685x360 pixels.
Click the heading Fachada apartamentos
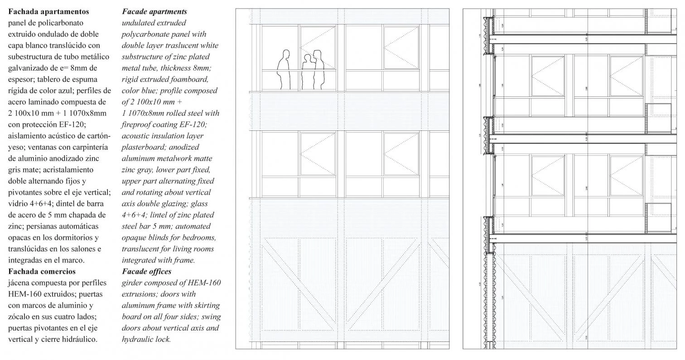pyautogui.click(x=48, y=11)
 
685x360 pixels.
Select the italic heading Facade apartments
pyautogui.click(x=154, y=11)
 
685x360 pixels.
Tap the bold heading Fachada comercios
pyautogui.click(x=42, y=271)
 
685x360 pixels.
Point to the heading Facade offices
pyautogui.click(x=146, y=271)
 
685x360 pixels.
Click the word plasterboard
pyautogui.click(x=144, y=147)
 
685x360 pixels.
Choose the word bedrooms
pyautogui.click(x=200, y=237)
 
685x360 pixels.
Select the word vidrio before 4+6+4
pyautogui.click(x=18, y=203)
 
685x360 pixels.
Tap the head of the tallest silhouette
pyautogui.click(x=317, y=55)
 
